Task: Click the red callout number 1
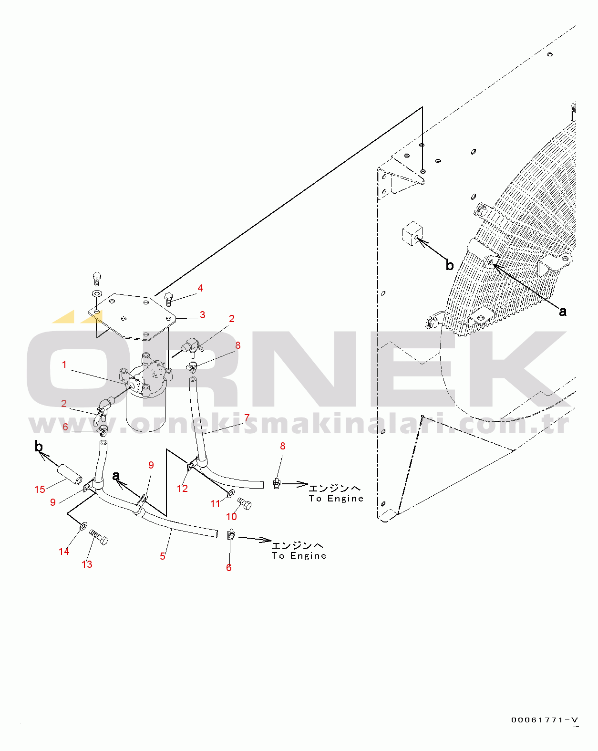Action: click(x=64, y=365)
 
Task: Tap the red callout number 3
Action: click(x=202, y=315)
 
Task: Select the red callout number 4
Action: click(x=200, y=288)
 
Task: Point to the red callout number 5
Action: click(x=163, y=556)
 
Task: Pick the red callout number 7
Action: click(x=247, y=417)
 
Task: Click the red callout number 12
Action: click(x=182, y=488)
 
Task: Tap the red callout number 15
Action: click(x=40, y=489)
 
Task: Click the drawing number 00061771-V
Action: click(x=545, y=720)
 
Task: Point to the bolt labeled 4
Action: click(x=169, y=299)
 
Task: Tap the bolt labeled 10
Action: click(x=245, y=503)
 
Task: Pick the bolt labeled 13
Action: click(x=99, y=537)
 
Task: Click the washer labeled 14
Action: click(x=83, y=526)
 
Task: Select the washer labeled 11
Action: click(x=231, y=494)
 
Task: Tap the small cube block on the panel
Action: click(x=412, y=233)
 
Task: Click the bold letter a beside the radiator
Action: click(x=562, y=311)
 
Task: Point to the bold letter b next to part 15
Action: click(x=39, y=446)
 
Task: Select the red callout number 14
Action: click(x=64, y=552)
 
